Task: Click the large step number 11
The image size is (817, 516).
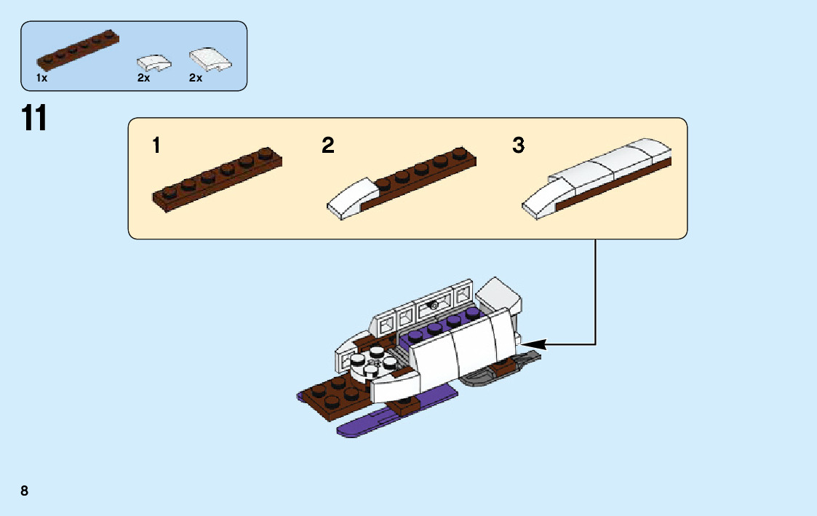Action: [34, 118]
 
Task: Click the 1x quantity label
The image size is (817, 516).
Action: [41, 78]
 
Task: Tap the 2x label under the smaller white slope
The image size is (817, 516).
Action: [143, 78]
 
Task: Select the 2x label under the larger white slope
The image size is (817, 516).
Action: [195, 78]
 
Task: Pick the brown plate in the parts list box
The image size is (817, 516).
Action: [78, 51]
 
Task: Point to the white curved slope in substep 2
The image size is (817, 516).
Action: [351, 199]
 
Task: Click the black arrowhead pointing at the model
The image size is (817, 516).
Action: [533, 343]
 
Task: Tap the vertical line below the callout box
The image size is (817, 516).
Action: [596, 291]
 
